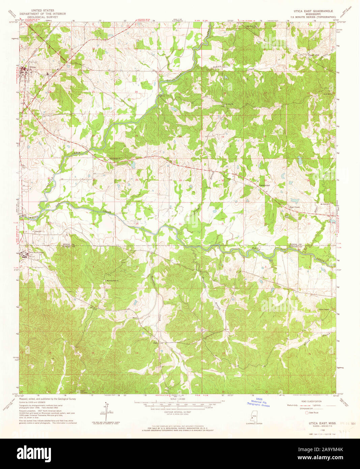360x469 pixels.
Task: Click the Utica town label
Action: (x=32, y=67)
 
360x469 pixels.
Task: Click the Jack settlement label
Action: (x=156, y=343)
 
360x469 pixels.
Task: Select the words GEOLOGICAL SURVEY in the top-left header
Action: (x=43, y=17)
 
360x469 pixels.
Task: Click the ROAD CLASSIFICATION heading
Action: (x=312, y=402)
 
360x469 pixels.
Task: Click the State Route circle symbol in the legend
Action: (x=307, y=413)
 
